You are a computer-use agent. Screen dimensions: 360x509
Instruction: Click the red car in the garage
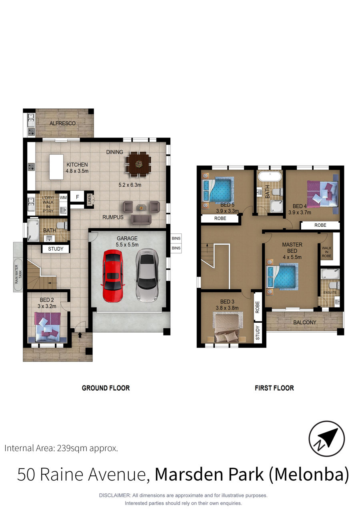pos(113,275)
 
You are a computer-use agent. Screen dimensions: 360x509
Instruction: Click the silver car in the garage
pos(147,275)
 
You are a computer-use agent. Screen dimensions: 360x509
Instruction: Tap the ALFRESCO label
pos(62,123)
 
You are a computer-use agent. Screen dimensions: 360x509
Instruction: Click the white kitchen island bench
pos(56,167)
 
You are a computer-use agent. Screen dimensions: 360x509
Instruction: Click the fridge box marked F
pos(77,197)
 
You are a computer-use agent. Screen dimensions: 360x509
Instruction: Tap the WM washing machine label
pos(63,198)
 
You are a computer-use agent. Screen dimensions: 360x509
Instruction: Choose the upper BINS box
pos(176,238)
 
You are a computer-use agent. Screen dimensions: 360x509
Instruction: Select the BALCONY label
pos(304,322)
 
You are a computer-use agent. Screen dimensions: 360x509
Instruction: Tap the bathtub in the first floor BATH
pos(270,177)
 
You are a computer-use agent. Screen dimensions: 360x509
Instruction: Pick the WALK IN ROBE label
pos(326,252)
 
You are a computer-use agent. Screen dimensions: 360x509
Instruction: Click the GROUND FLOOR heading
pos(106,388)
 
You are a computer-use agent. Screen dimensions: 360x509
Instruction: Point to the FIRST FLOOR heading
pos(274,388)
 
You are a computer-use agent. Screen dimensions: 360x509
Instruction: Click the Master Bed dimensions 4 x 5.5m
pos(292,257)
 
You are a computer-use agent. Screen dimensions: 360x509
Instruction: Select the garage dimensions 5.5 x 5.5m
pos(127,244)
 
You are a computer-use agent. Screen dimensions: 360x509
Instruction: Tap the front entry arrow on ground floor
pos(80,335)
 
